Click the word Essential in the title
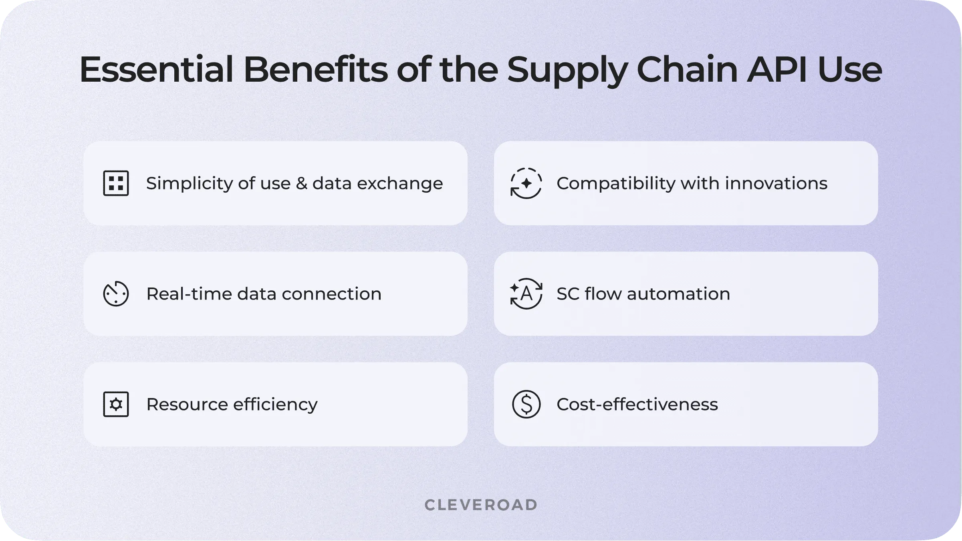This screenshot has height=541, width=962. pos(156,70)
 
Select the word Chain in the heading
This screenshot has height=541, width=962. pos(687,70)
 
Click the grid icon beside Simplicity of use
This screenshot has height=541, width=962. pos(116,183)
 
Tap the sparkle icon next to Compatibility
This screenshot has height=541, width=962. pos(526,183)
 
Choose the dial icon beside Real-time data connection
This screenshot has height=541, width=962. pos(116,294)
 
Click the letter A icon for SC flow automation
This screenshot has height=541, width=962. pos(526,294)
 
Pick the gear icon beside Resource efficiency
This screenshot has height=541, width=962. pos(116,404)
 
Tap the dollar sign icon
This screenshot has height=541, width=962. pos(526,404)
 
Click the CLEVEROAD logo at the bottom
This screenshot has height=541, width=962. pos(481,505)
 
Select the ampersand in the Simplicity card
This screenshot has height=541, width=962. pos(301,183)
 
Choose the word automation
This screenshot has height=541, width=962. pos(678,294)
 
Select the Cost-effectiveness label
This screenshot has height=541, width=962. pos(637,404)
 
